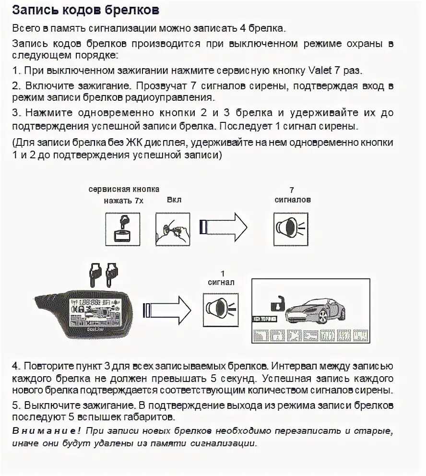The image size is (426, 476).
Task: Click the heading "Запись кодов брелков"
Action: tap(86, 10)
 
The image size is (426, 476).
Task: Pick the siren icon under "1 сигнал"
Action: tap(221, 308)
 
